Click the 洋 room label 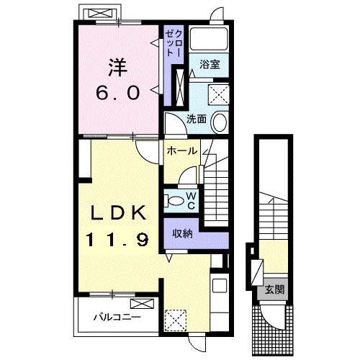click(x=118, y=68)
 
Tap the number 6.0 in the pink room click(x=118, y=93)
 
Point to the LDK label click(x=118, y=213)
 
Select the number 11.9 click(x=117, y=240)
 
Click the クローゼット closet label click(x=174, y=44)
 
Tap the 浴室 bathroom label click(x=210, y=65)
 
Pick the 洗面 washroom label click(x=197, y=119)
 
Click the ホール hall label click(x=182, y=151)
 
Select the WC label click(x=192, y=201)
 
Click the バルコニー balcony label click(x=117, y=318)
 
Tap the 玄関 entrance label click(x=274, y=290)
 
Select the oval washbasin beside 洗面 click(x=220, y=122)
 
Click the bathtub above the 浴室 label click(x=208, y=39)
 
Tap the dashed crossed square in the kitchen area click(x=176, y=320)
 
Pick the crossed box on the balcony click(x=142, y=304)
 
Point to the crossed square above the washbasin click(x=218, y=94)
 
